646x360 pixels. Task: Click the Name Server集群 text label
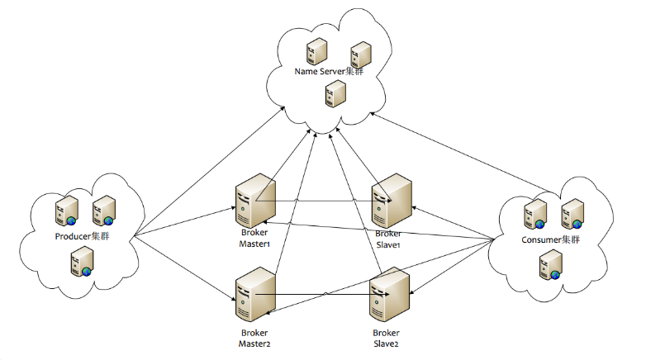[x=329, y=72]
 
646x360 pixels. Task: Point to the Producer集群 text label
[x=83, y=236]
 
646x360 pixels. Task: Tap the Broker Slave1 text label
[x=387, y=239]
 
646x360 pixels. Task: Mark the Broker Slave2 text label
[x=387, y=337]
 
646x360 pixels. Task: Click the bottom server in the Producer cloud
[x=81, y=263]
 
